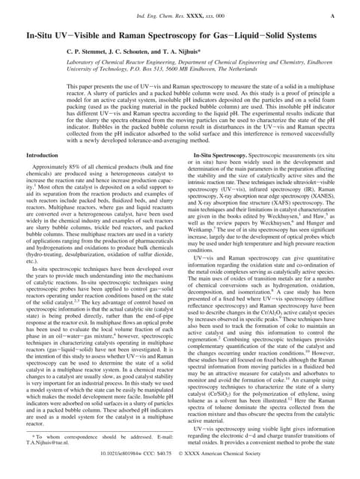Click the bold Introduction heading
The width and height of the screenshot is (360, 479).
tap(47, 154)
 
